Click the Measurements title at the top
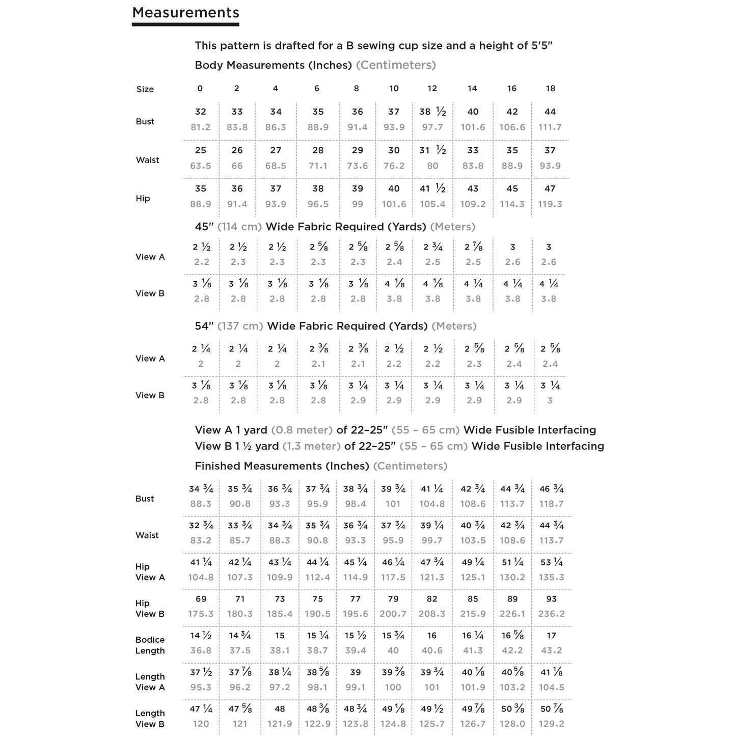(x=185, y=13)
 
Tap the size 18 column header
(x=551, y=89)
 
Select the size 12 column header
(x=432, y=89)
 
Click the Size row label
(x=145, y=90)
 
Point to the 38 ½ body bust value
(x=432, y=112)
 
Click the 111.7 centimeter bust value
(x=550, y=127)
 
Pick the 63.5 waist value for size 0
(x=201, y=166)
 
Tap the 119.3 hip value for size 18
(x=550, y=204)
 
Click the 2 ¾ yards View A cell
(x=433, y=248)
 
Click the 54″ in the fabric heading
(x=204, y=326)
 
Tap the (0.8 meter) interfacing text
(x=302, y=430)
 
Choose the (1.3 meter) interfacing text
(x=311, y=446)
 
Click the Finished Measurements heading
(x=282, y=466)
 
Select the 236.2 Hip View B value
(x=552, y=614)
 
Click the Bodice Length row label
(x=150, y=645)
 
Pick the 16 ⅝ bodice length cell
(x=512, y=636)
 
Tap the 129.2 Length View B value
(x=552, y=724)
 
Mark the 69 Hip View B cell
(x=201, y=599)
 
